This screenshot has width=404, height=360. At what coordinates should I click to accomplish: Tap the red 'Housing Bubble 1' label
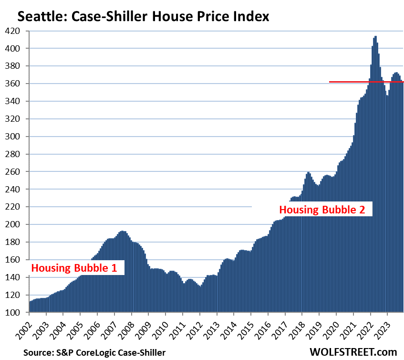(x=74, y=268)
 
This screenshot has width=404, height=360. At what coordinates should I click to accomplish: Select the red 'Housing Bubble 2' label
(x=325, y=210)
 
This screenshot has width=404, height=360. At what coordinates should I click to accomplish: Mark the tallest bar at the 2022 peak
(x=376, y=37)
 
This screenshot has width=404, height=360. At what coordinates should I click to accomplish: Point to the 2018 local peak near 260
(x=309, y=173)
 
